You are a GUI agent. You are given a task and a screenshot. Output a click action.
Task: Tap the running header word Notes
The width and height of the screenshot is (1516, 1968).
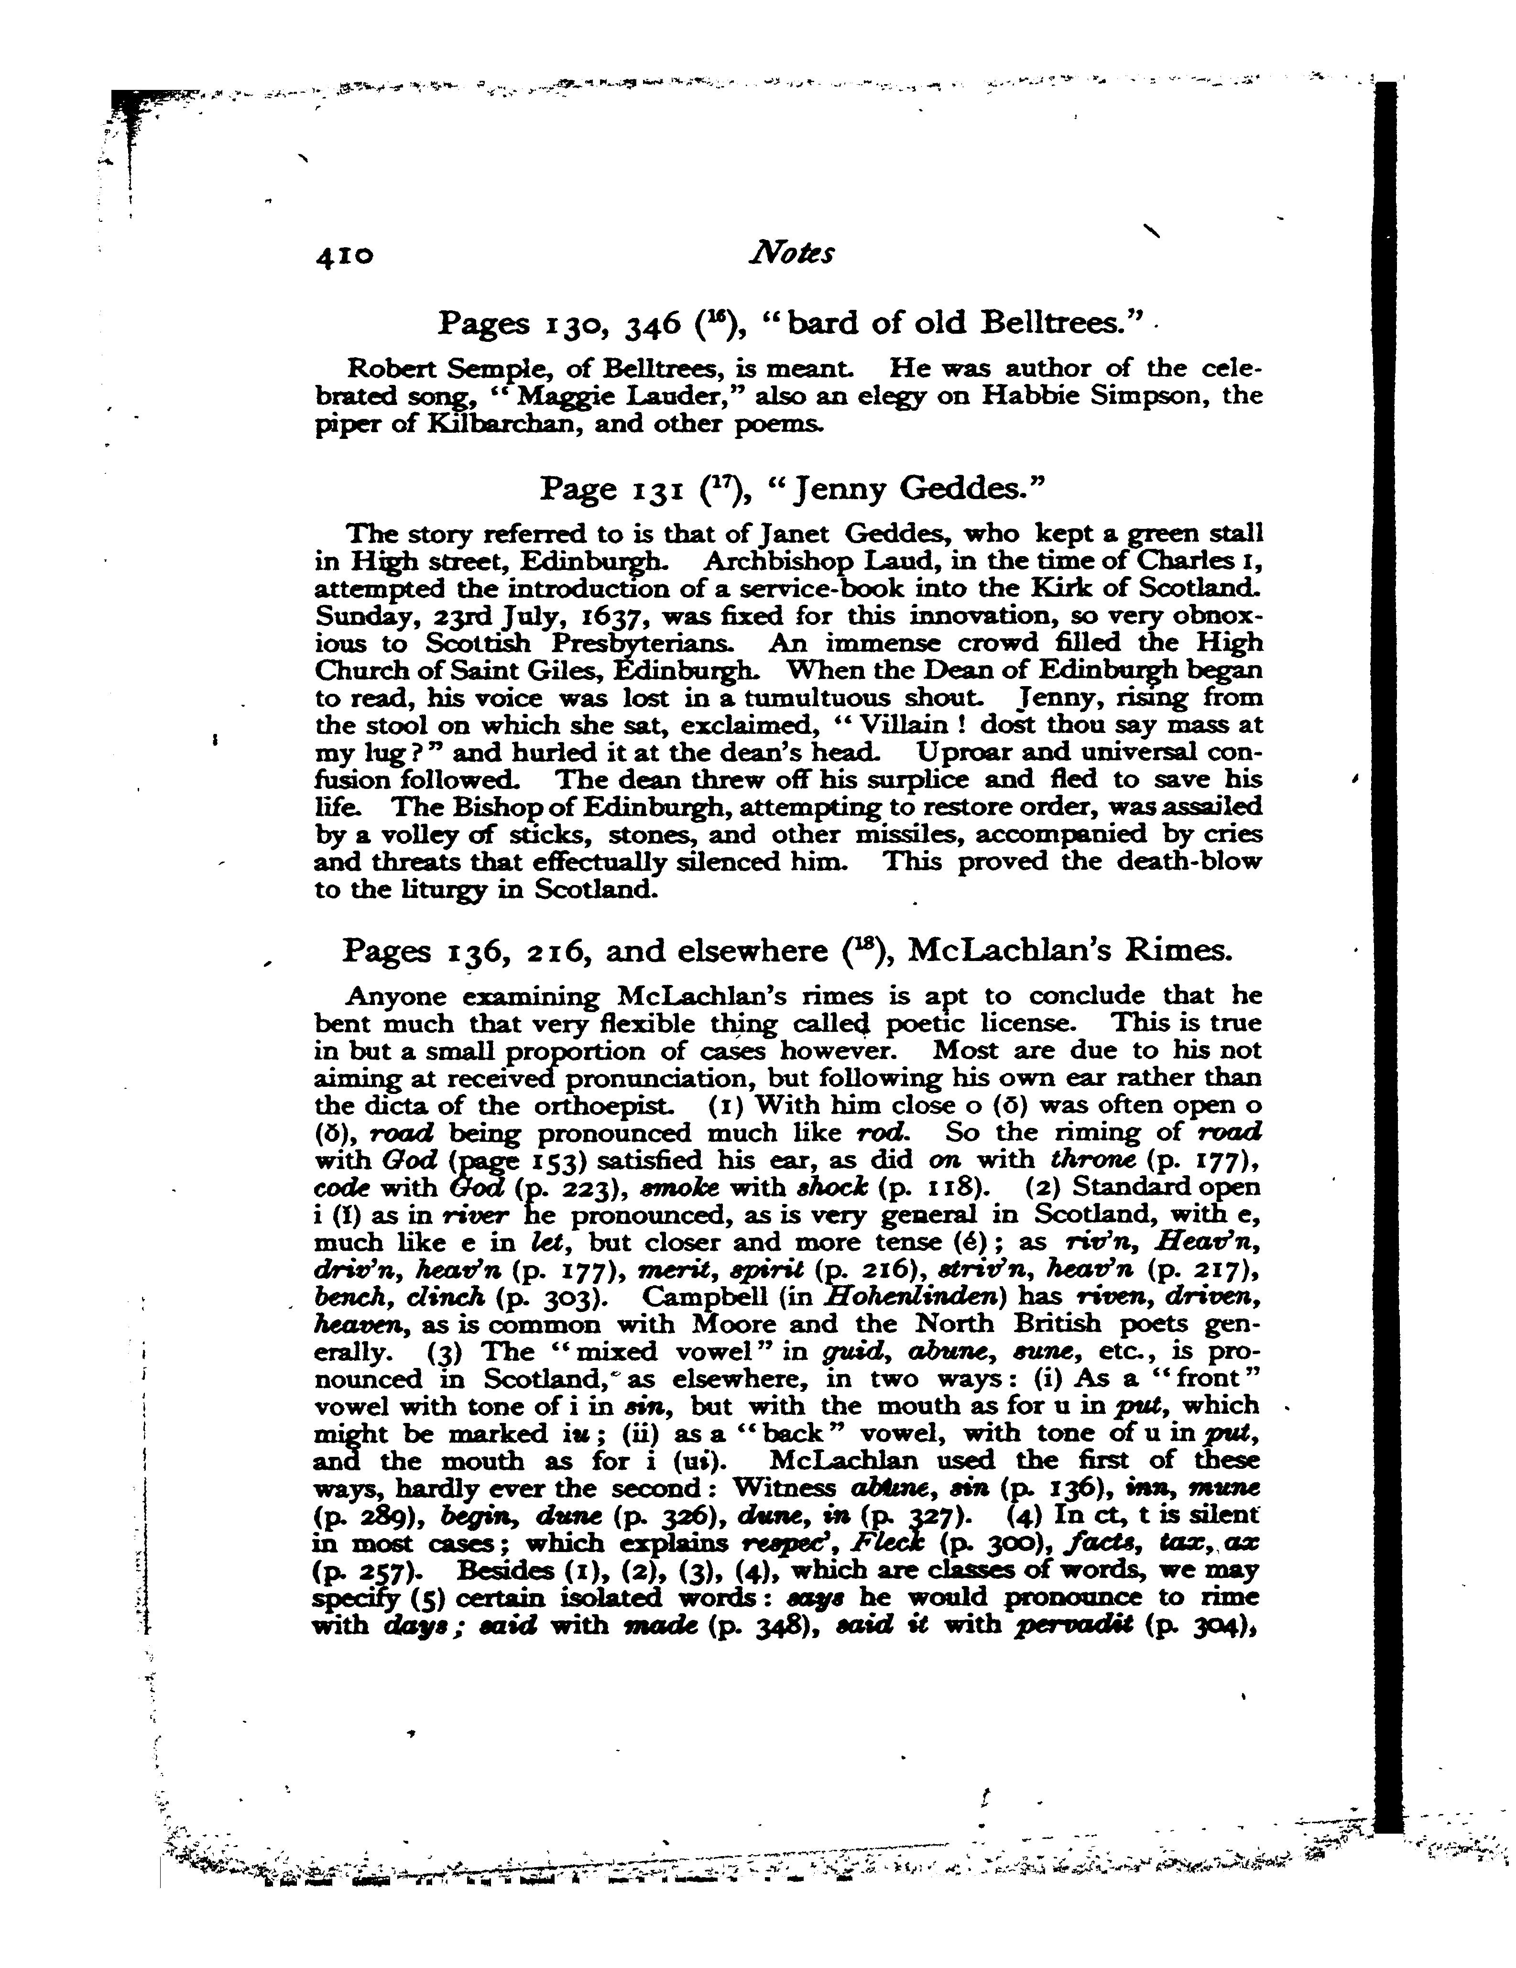[791, 253]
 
